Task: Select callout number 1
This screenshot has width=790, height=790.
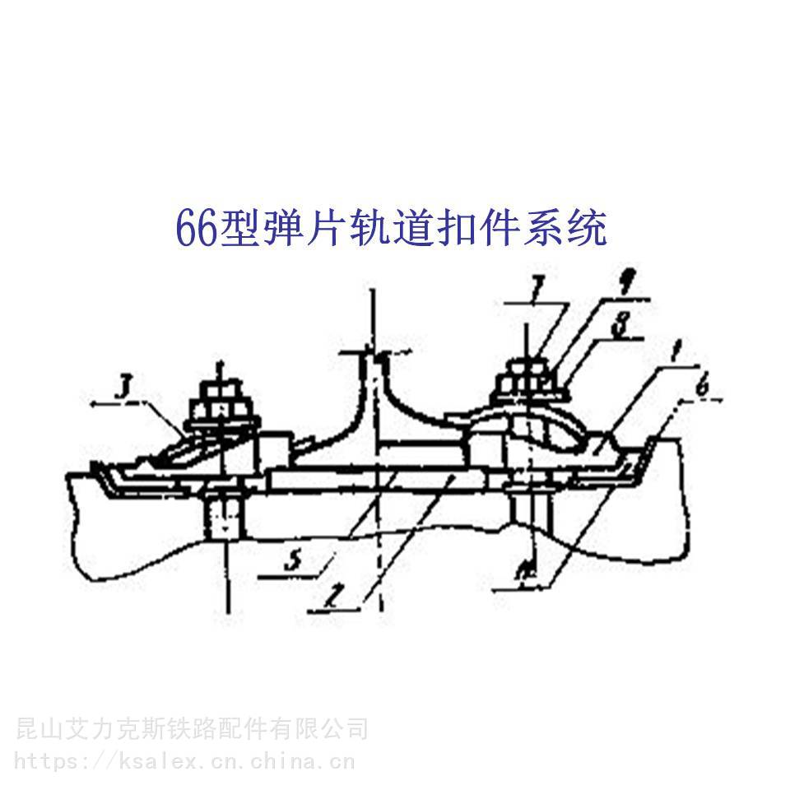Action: (674, 355)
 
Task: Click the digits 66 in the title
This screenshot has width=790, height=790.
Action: (196, 228)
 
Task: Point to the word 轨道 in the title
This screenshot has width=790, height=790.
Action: (391, 228)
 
